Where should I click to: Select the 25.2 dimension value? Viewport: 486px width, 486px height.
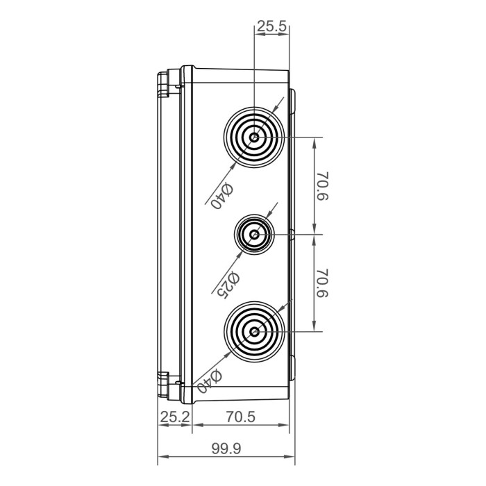tap(174, 417)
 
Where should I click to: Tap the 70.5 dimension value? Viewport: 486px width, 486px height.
tap(241, 417)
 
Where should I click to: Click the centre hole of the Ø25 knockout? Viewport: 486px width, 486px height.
tap(255, 235)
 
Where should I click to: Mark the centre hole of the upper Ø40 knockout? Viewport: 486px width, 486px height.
tap(255, 137)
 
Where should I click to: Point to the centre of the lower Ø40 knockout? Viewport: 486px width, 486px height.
tap(255, 332)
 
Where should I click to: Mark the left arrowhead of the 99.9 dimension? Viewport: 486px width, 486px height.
tap(162, 458)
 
